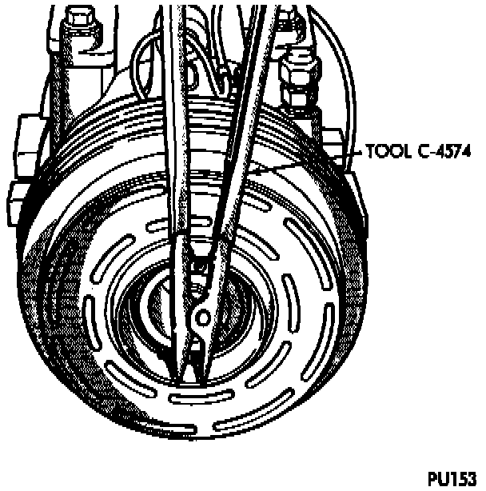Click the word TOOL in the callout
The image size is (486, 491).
point(382,150)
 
